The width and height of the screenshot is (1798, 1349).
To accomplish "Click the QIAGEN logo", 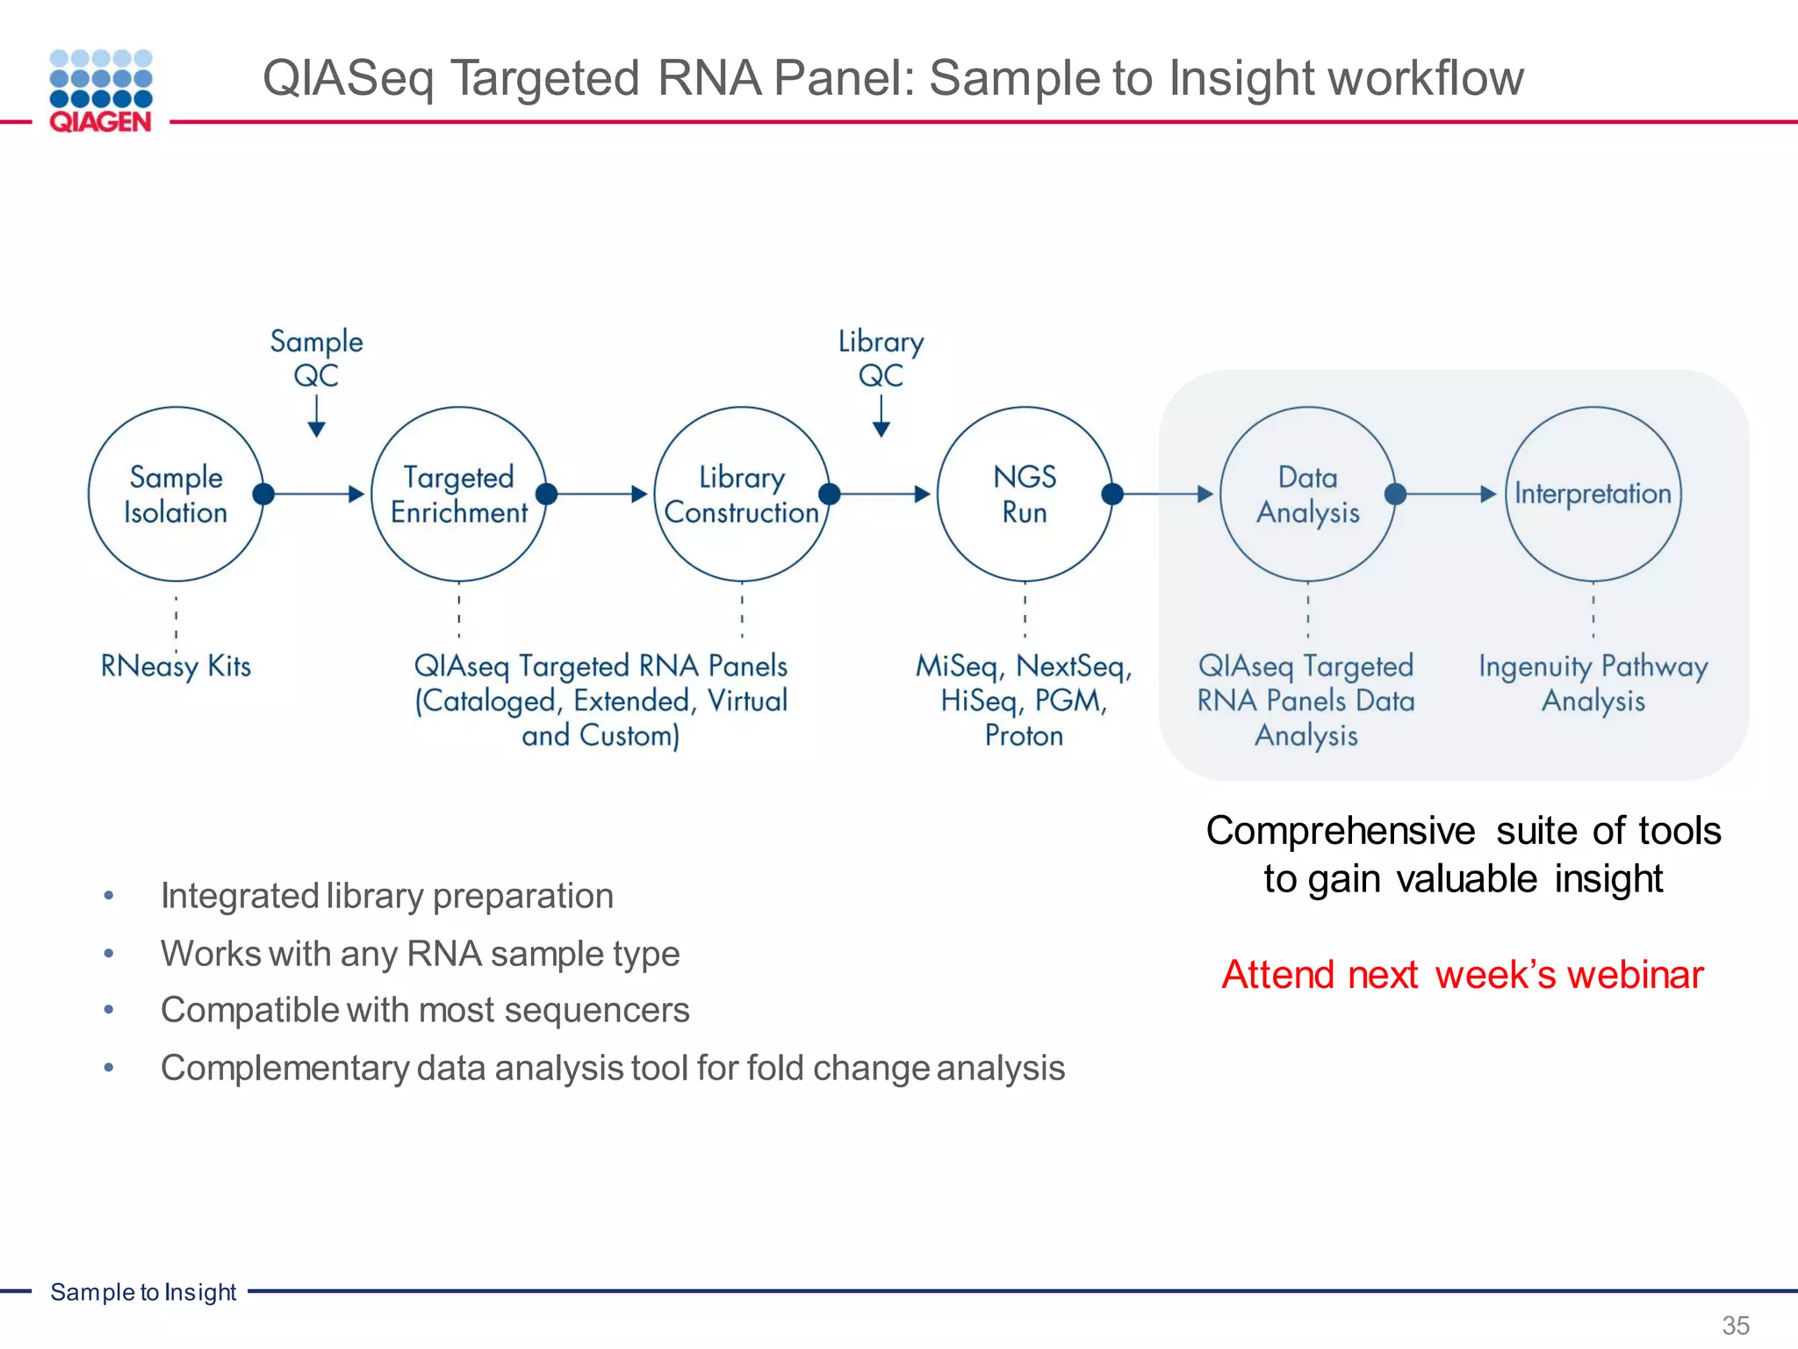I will pyautogui.click(x=101, y=91).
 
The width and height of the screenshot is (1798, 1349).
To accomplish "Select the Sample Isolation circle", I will pyautogui.click(x=176, y=494).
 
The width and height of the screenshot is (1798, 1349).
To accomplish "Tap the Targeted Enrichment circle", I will pyautogui.click(x=458, y=494).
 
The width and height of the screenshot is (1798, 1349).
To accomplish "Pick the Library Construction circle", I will pyautogui.click(x=742, y=494).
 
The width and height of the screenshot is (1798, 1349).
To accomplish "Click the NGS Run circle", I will pyautogui.click(x=1025, y=494).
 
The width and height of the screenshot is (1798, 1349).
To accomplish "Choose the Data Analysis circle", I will pyautogui.click(x=1307, y=494).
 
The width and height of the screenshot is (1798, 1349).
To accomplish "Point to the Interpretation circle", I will pyautogui.click(x=1593, y=494).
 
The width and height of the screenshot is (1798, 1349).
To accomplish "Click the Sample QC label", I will pyautogui.click(x=316, y=357).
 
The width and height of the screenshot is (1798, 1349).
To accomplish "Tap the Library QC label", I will pyautogui.click(x=881, y=357).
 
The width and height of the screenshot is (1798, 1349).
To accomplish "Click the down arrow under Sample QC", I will pyautogui.click(x=317, y=416).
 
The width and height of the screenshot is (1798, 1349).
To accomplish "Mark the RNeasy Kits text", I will pyautogui.click(x=176, y=666).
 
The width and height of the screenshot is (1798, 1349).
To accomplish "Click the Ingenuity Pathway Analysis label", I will pyautogui.click(x=1593, y=683).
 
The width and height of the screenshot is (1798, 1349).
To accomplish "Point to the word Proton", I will pyautogui.click(x=1024, y=735).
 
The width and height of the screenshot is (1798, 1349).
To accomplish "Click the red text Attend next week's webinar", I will pyautogui.click(x=1462, y=975).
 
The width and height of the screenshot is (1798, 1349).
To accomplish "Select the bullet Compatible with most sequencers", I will pyautogui.click(x=425, y=1010).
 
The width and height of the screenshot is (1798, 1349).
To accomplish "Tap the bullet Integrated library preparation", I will pyautogui.click(x=386, y=896).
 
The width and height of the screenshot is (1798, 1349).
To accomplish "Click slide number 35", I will pyautogui.click(x=1735, y=1324).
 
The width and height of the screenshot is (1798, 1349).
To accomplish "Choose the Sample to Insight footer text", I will pyautogui.click(x=143, y=1292).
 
